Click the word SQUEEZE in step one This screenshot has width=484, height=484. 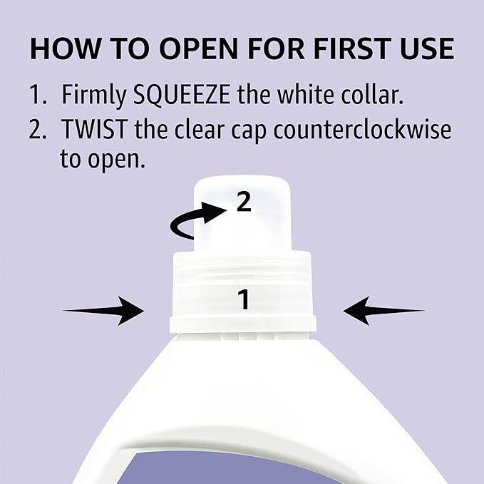(182, 94)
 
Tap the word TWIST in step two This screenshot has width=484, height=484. (95, 129)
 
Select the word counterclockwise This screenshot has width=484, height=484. (362, 129)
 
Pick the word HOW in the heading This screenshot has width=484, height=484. (66, 48)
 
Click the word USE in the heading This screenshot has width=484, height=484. (427, 48)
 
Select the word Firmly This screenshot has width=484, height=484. (93, 96)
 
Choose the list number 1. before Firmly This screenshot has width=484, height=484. (38, 95)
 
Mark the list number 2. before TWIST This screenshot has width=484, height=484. (38, 129)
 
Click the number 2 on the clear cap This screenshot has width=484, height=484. (244, 201)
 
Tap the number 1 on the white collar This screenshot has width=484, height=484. (244, 299)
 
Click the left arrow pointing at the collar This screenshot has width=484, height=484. (103, 311)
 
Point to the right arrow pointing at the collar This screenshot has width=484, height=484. (384, 311)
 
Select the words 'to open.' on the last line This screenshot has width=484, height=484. (102, 160)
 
